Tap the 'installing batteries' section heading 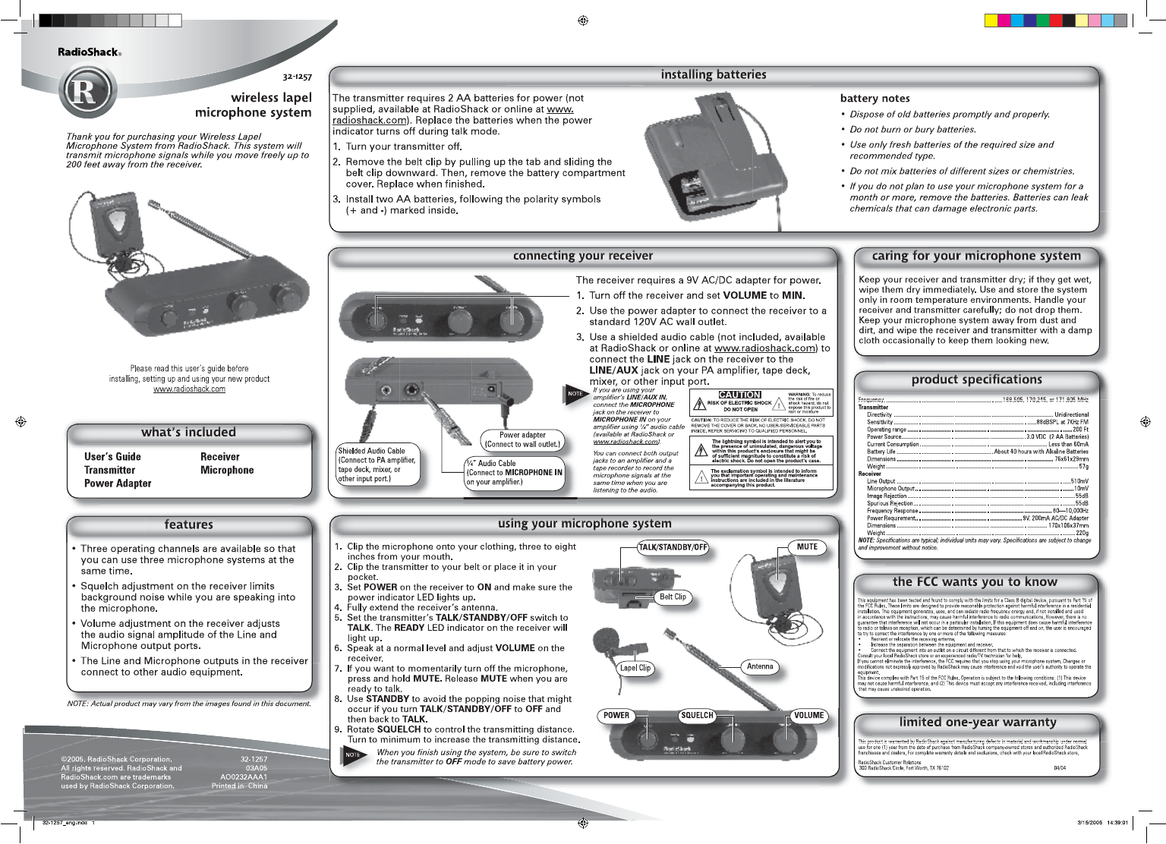(x=714, y=74)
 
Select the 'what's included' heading (x=188, y=433)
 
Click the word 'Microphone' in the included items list (x=227, y=471)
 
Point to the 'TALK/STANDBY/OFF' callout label (x=673, y=547)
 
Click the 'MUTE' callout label (x=807, y=547)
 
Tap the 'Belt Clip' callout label (x=673, y=597)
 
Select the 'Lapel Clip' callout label (x=635, y=669)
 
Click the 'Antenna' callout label (x=760, y=667)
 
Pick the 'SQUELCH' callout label (x=697, y=716)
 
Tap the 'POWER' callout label (x=616, y=716)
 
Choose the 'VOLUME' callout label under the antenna (x=808, y=716)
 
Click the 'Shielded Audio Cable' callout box (x=377, y=465)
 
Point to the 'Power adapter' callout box (x=522, y=440)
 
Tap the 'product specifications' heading (x=976, y=379)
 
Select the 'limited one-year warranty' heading (x=978, y=723)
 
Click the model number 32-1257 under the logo (x=297, y=77)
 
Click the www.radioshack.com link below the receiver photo (x=189, y=389)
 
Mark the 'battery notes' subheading (x=874, y=99)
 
